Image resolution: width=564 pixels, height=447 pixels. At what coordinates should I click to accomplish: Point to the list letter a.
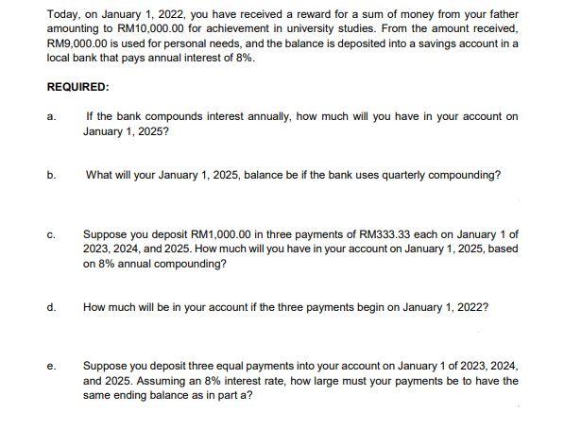(50, 117)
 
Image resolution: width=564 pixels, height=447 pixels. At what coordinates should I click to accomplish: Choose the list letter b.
(50, 175)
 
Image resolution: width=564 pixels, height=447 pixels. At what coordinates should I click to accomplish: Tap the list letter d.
(50, 306)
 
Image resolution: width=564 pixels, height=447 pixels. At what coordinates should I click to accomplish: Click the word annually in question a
(263, 117)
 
